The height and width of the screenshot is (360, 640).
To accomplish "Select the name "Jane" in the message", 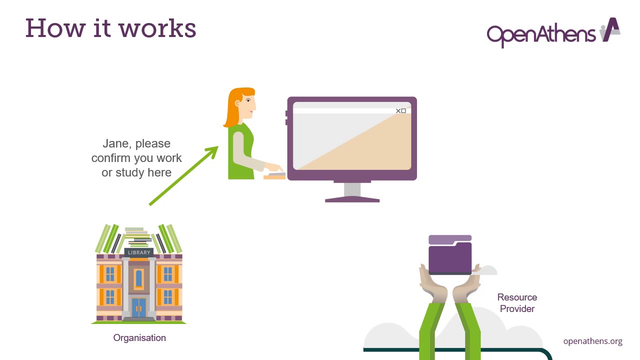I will tap(117, 144).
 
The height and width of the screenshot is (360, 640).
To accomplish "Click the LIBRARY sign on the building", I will tap(139, 252).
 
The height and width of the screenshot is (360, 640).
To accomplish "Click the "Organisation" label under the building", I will tap(139, 338).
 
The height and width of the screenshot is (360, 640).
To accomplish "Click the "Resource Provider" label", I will tap(517, 303).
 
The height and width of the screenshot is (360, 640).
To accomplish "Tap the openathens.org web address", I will tap(592, 341).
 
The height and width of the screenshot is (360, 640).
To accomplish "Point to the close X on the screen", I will tap(398, 111).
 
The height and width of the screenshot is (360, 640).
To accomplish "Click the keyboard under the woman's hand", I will tap(274, 176).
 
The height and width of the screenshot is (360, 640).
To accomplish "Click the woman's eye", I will tap(248, 101).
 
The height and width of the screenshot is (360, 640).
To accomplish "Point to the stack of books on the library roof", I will tap(138, 238).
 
